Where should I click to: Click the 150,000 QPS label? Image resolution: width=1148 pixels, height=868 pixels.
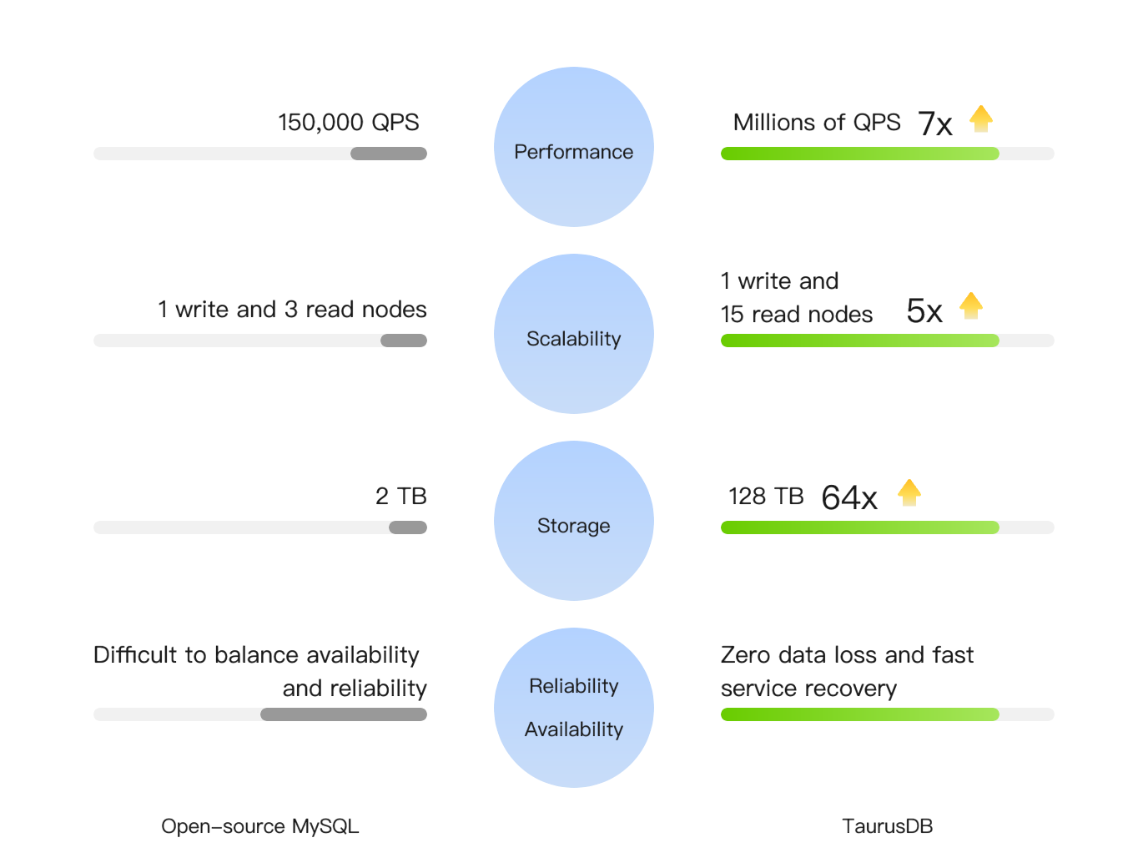pyautogui.click(x=349, y=123)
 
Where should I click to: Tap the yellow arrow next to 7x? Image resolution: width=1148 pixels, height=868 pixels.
pyautogui.click(x=981, y=119)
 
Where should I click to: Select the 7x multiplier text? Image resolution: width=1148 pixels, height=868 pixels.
pyautogui.click(x=935, y=124)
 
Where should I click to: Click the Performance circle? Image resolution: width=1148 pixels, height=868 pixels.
pyautogui.click(x=574, y=147)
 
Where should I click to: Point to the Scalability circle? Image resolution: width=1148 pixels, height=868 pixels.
pyautogui.click(x=574, y=334)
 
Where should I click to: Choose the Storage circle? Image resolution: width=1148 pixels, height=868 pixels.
pyautogui.click(x=574, y=521)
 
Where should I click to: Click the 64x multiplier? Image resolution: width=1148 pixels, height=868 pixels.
pyautogui.click(x=849, y=497)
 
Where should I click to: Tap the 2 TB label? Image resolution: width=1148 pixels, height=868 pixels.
pyautogui.click(x=401, y=496)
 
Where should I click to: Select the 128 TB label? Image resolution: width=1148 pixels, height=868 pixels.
pyautogui.click(x=766, y=496)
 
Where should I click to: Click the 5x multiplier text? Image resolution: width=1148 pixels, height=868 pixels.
pyautogui.click(x=924, y=310)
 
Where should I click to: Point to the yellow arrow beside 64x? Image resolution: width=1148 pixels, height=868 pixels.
pyautogui.click(x=909, y=493)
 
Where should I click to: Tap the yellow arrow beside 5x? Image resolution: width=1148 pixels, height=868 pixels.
pyautogui.click(x=971, y=305)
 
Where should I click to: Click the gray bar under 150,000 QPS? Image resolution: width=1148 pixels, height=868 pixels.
pyautogui.click(x=389, y=154)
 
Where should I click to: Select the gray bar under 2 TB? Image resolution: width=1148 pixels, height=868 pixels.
pyautogui.click(x=408, y=527)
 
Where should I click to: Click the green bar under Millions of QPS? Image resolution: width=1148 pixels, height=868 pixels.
pyautogui.click(x=860, y=154)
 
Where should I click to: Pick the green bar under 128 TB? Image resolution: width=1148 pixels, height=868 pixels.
pyautogui.click(x=860, y=527)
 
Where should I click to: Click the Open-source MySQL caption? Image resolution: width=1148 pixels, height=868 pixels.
pyautogui.click(x=260, y=826)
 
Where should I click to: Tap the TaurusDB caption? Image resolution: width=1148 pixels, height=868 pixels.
pyautogui.click(x=888, y=826)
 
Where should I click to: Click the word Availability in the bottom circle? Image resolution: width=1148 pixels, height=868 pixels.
pyautogui.click(x=574, y=729)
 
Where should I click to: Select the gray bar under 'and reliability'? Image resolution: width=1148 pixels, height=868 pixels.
pyautogui.click(x=344, y=714)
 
